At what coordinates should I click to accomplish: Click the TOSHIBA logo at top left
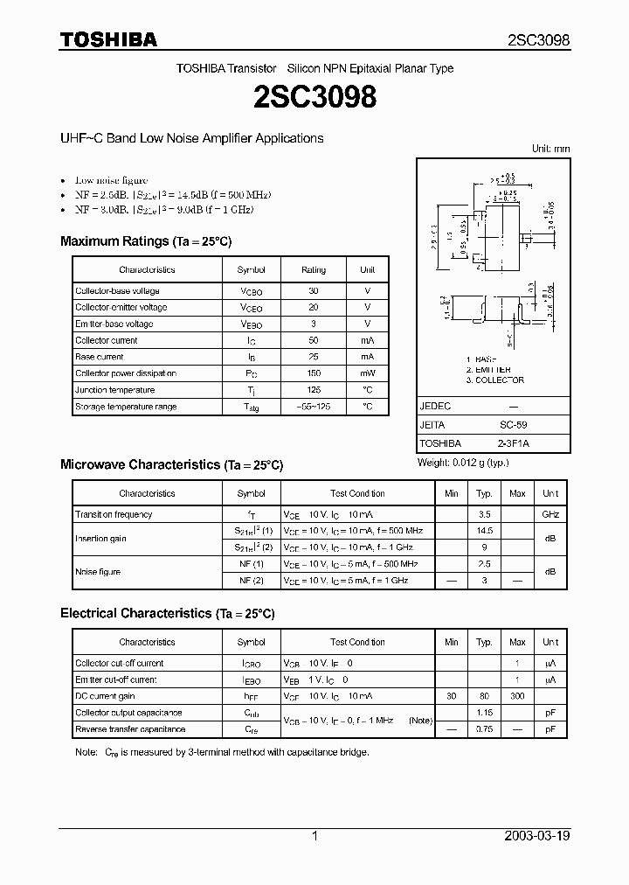(108, 39)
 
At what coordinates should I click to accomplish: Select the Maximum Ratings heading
(145, 241)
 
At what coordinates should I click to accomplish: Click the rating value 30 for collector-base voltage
(313, 291)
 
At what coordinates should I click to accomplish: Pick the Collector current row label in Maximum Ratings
(107, 340)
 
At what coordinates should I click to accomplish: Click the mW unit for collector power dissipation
(367, 373)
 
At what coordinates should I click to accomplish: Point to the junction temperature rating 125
(313, 390)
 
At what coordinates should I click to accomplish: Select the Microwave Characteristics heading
(171, 465)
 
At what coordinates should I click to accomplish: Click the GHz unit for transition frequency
(550, 515)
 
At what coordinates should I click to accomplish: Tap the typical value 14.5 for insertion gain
(485, 531)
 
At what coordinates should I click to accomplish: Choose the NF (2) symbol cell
(251, 580)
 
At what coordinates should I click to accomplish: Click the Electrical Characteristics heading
(167, 614)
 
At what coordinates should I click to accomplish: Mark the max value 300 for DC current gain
(517, 696)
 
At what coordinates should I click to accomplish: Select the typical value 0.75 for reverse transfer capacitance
(485, 729)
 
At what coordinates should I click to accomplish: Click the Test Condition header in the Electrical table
(357, 642)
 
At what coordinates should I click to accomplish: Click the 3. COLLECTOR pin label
(494, 380)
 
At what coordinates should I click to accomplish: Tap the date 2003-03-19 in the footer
(536, 836)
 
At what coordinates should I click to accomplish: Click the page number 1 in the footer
(314, 836)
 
